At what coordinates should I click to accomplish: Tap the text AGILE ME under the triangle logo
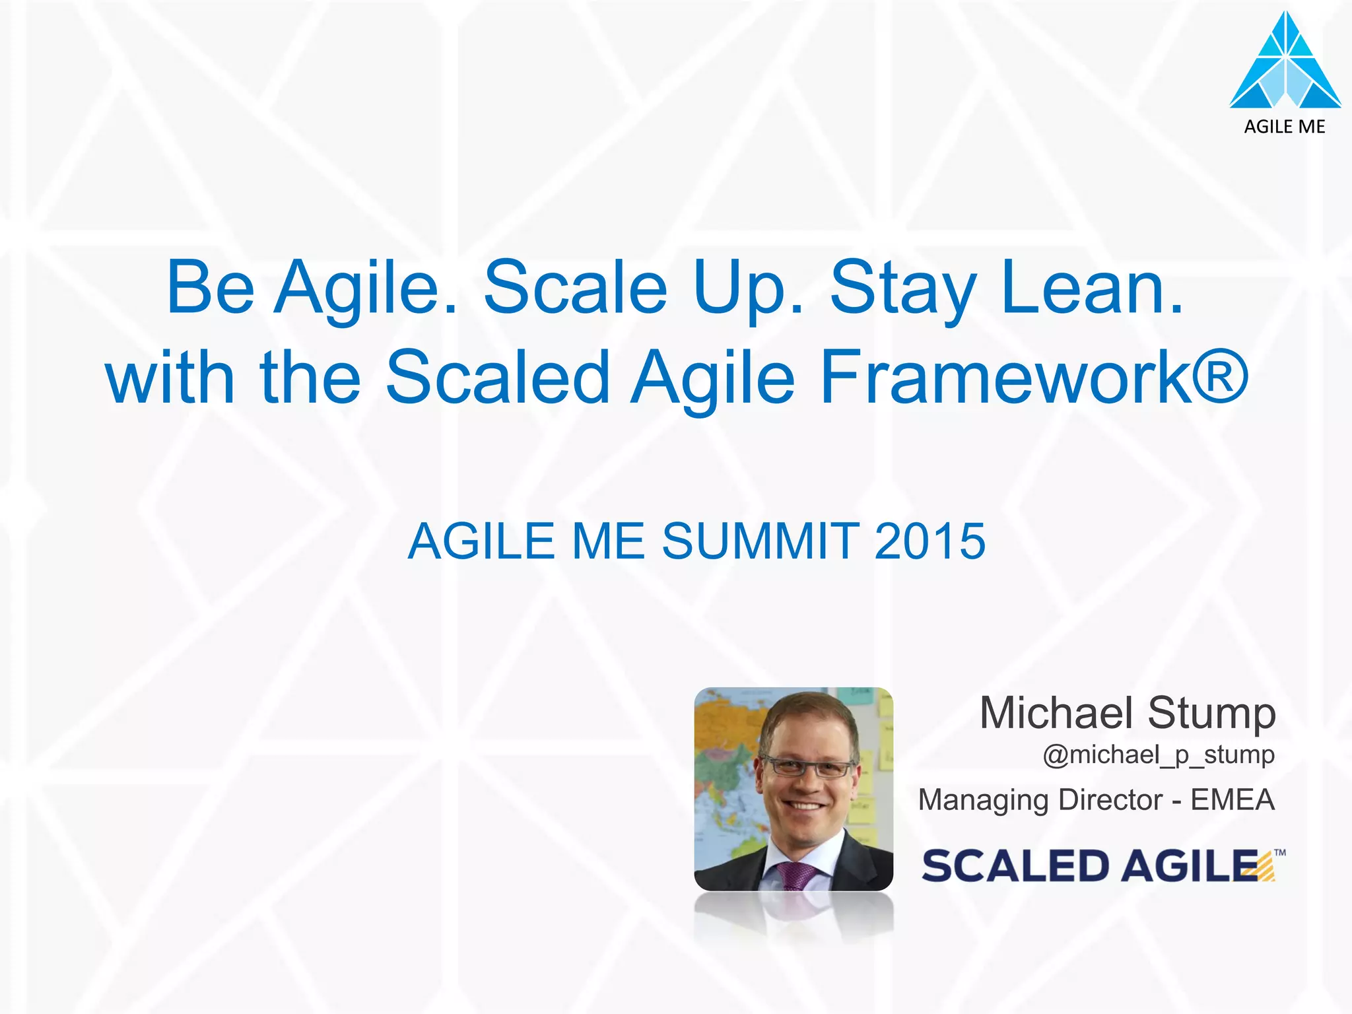click(1285, 127)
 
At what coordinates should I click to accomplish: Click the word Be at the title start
click(210, 288)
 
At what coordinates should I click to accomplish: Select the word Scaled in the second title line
click(497, 378)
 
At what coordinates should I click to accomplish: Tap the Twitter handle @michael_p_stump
click(1159, 754)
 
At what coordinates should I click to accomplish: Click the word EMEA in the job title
click(1232, 800)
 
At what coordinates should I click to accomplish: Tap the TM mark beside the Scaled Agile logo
click(1280, 852)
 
